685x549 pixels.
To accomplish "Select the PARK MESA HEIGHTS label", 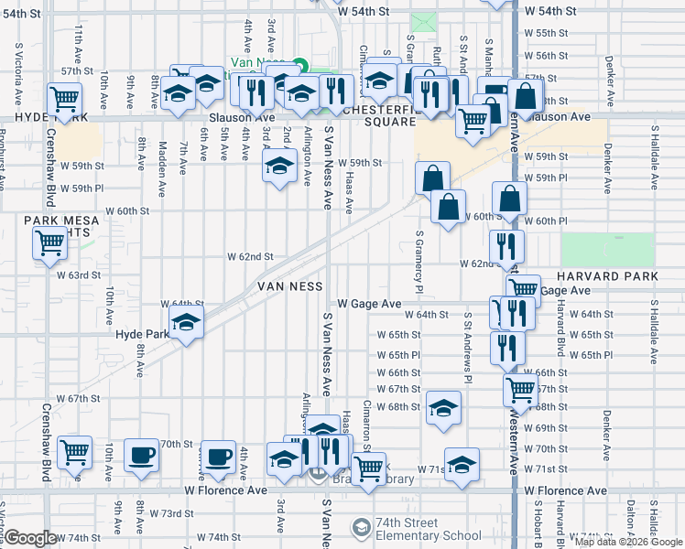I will (57, 226).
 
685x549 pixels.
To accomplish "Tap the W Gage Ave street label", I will (369, 303).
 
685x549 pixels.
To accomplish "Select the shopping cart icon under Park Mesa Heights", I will (49, 243).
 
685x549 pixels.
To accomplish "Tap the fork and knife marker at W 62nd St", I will (506, 245).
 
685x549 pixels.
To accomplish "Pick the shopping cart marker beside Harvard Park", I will (522, 288).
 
